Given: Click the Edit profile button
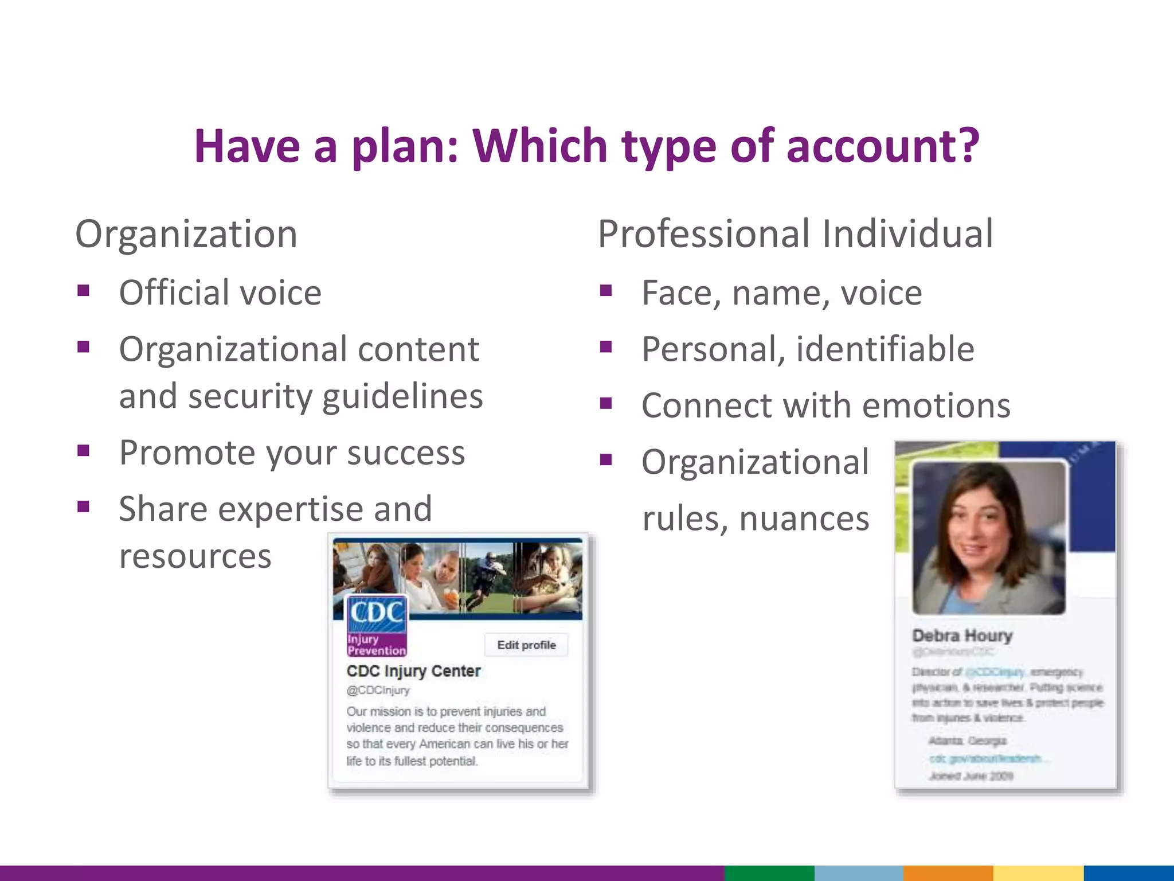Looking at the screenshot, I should coord(526,645).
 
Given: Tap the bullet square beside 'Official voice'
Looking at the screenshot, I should coord(84,291).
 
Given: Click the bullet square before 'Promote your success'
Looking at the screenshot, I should coord(84,451).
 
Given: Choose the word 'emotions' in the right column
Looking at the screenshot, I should coord(936,406).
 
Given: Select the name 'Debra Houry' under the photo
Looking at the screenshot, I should coord(962,636).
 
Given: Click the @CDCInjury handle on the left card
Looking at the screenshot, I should coord(378,690).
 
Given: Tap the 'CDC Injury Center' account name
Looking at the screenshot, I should coord(413,671).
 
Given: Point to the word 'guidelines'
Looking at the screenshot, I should coord(402,396).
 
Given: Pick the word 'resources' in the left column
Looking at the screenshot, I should coord(195,556).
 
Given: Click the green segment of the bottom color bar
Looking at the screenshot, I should coord(769,873).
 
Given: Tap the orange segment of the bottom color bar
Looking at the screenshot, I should coord(948,873).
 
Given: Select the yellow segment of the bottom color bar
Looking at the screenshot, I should coord(1038,873).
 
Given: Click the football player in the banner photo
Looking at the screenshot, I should coord(487,576).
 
